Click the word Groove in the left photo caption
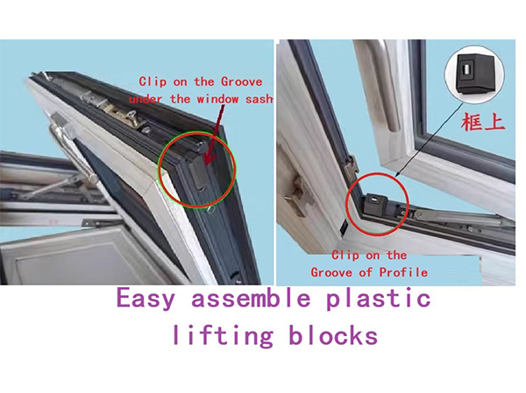point(242,82)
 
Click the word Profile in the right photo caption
point(403,272)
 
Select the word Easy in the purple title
point(146,298)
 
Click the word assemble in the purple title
point(251,298)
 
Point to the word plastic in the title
point(379,298)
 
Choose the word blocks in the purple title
point(333,335)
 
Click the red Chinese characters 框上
point(483,122)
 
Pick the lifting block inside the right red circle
point(375,203)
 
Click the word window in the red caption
point(217,99)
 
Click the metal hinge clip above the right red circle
point(351,166)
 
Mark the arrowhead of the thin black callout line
point(397,174)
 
